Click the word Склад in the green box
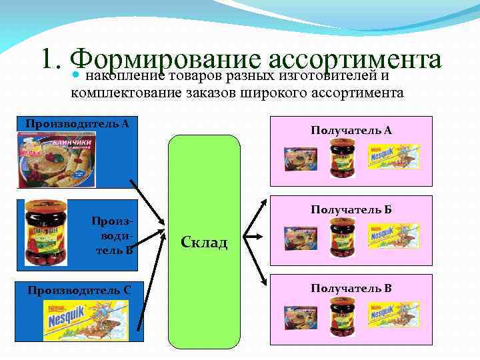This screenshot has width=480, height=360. point(204,243)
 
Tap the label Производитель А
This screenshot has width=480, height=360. point(77,123)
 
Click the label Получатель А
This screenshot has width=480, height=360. point(351,131)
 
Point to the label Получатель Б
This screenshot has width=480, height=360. point(351,210)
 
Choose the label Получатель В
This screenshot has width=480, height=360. point(351,288)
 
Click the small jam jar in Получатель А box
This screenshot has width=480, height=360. point(343,160)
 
